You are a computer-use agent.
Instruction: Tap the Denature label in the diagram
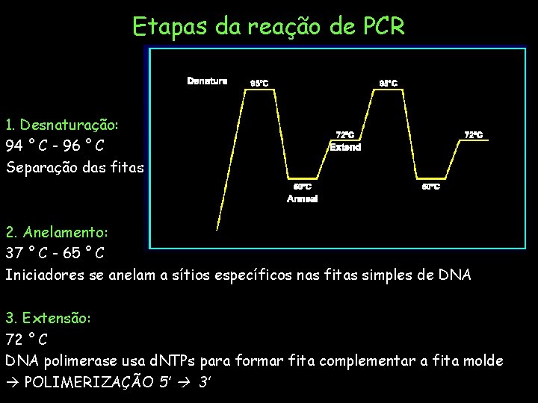207,81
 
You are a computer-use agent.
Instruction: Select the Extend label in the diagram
345,147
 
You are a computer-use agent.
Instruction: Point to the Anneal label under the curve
303,199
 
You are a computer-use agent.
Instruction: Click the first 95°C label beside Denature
259,83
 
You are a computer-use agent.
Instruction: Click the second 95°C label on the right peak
389,83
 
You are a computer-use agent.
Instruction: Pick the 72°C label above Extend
344,135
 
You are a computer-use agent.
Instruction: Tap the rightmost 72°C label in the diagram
474,135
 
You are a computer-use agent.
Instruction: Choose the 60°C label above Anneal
302,187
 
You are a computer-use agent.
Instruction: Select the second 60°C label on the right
431,187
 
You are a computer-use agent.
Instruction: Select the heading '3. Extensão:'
49,318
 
